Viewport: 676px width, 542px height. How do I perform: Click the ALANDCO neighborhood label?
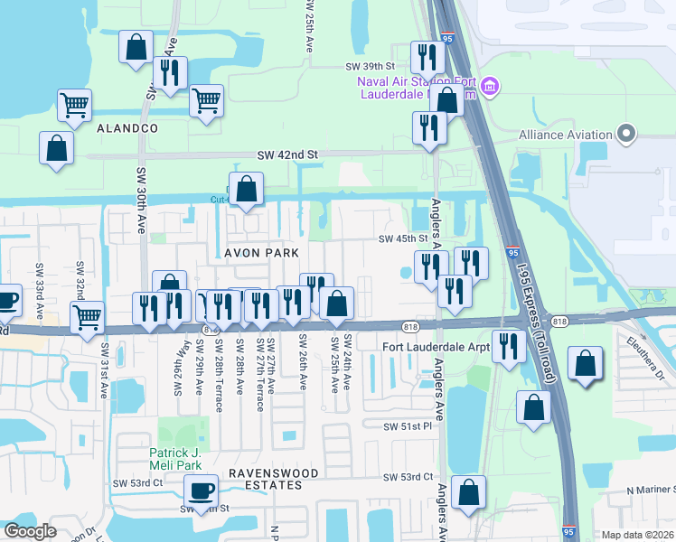pyautogui.click(x=127, y=129)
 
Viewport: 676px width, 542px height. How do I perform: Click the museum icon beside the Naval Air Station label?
pyautogui.click(x=491, y=87)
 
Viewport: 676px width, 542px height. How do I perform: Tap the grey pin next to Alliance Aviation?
pyautogui.click(x=626, y=135)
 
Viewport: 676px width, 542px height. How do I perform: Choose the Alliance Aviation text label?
pyautogui.click(x=566, y=135)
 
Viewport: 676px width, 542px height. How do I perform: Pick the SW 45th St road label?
pyautogui.click(x=401, y=239)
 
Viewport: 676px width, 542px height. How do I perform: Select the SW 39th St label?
pyautogui.click(x=371, y=67)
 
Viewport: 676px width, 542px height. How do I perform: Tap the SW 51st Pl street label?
pyautogui.click(x=408, y=426)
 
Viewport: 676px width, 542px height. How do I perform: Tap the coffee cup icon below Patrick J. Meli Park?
pyautogui.click(x=201, y=492)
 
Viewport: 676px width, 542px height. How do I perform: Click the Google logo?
pyautogui.click(x=30, y=531)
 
